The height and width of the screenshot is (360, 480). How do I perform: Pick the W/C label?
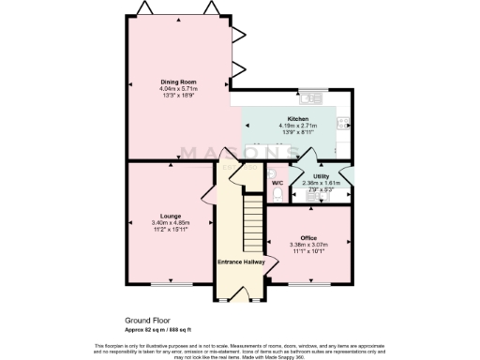(277, 182)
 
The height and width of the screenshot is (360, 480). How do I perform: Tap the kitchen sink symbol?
(311, 96)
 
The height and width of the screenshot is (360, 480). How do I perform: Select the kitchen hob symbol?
(343, 122)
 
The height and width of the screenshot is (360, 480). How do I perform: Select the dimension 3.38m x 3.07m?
(309, 245)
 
